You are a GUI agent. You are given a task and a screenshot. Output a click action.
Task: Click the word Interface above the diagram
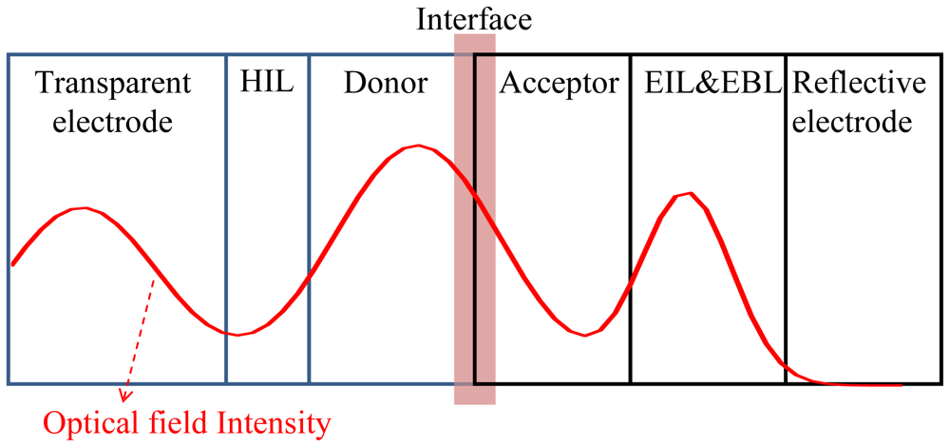[x=474, y=19]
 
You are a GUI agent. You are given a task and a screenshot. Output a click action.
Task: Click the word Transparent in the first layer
[x=113, y=86]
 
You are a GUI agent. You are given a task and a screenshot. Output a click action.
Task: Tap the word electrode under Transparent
[x=113, y=123]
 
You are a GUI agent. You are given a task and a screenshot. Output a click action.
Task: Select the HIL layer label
[x=267, y=84]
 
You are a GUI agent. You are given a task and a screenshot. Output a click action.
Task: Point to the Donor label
[x=386, y=85]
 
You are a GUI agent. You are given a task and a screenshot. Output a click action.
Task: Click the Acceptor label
[x=559, y=86]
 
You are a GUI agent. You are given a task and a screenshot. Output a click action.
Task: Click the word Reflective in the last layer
[x=859, y=84]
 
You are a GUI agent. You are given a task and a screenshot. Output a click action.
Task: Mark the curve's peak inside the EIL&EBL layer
[x=690, y=193]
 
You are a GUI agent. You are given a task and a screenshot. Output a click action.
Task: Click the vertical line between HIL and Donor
[x=309, y=219]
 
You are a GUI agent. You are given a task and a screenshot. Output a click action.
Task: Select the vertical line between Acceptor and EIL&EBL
[x=631, y=219]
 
